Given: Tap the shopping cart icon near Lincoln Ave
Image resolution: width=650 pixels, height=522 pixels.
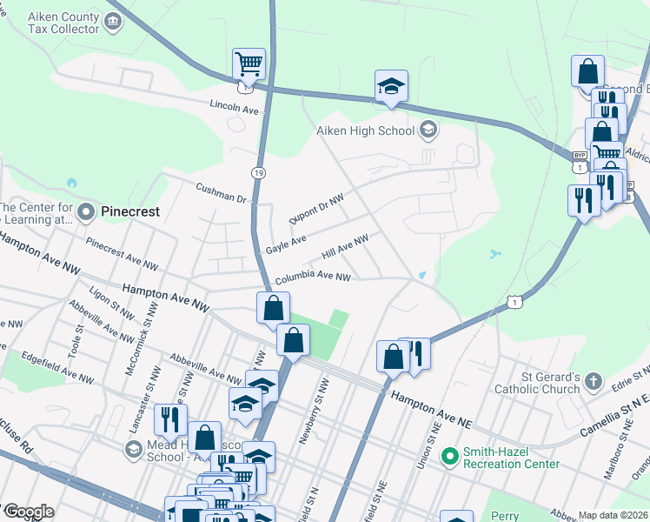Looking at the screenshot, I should [249, 64].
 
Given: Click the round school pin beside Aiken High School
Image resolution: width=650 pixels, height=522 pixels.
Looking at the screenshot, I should [428, 131].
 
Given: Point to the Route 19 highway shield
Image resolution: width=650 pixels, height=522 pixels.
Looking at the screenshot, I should [258, 174].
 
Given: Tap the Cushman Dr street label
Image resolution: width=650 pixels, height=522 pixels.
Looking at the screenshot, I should [222, 192].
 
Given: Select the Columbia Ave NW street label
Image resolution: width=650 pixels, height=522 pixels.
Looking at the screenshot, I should [313, 278].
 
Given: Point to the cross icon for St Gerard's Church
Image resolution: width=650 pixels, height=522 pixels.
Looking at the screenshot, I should [593, 381].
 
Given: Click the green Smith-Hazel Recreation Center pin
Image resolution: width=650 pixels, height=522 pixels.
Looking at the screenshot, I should [449, 456].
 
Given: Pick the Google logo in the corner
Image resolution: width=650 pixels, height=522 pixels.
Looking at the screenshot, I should [28, 512].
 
